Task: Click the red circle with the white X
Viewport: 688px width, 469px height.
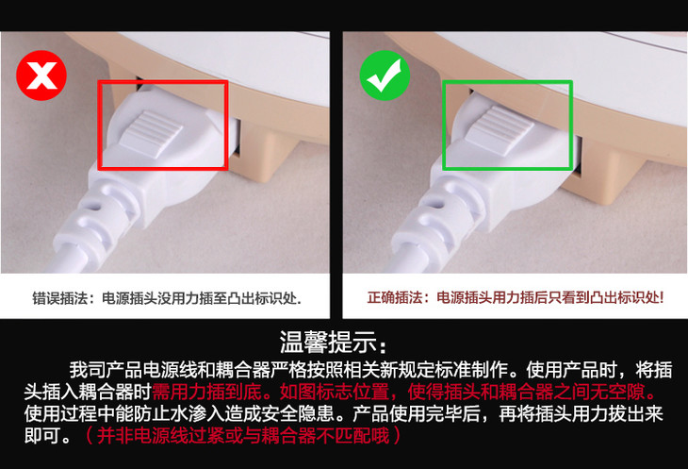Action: tap(41, 75)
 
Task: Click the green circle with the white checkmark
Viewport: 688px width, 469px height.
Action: tap(385, 75)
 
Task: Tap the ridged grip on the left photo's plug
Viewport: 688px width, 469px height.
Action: tap(151, 133)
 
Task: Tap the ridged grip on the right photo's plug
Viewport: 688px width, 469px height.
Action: tap(500, 129)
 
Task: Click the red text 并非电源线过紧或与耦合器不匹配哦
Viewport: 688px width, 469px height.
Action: tap(243, 436)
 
